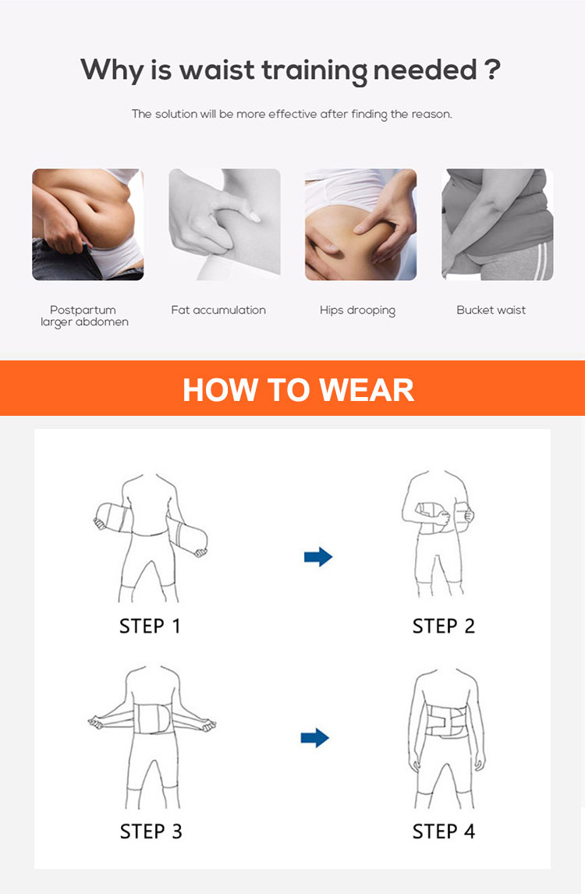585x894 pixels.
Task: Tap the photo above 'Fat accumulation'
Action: (x=225, y=225)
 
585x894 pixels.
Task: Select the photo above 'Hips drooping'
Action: (x=360, y=225)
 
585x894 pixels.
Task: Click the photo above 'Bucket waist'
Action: (x=497, y=225)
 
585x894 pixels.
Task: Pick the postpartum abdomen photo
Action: (x=87, y=225)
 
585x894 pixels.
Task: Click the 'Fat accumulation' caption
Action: (x=218, y=310)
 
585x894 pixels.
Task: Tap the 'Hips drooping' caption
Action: (x=357, y=310)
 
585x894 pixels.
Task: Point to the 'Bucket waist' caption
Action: (x=491, y=310)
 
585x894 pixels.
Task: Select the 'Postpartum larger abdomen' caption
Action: (x=84, y=316)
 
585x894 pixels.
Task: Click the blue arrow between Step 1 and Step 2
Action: (x=317, y=556)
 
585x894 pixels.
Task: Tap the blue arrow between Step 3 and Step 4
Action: (x=314, y=737)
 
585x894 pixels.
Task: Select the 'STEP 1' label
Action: (x=150, y=626)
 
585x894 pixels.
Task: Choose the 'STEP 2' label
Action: (x=443, y=626)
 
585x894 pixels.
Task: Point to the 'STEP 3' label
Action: (x=151, y=831)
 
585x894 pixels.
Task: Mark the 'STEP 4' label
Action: (x=443, y=831)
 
